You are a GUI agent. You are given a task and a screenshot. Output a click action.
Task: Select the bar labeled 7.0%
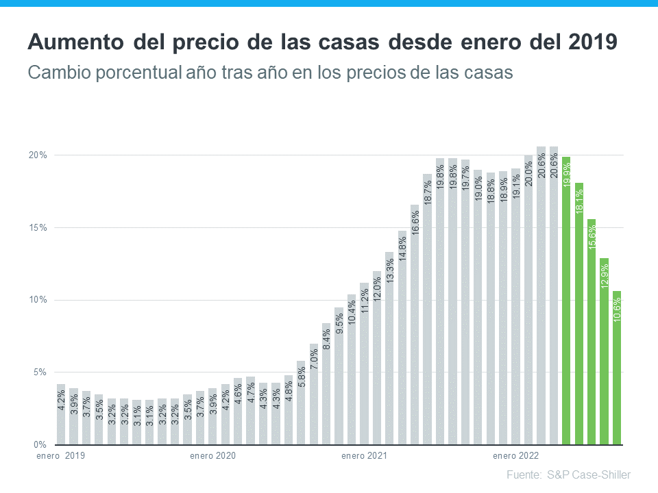tap(314, 394)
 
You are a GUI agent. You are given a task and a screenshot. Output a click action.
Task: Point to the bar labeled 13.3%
tap(389, 349)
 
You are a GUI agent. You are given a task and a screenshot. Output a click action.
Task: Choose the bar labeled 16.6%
tap(415, 325)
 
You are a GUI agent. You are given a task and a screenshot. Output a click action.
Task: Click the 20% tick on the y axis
tap(37, 155)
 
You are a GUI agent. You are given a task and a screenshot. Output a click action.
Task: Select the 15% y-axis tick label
tap(37, 227)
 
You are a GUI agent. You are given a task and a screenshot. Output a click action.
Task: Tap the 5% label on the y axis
tap(39, 372)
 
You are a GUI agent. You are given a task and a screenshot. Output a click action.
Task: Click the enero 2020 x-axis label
tap(212, 455)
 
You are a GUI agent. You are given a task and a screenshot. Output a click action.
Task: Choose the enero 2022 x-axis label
tap(515, 455)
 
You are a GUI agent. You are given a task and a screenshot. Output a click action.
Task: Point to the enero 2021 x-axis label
tap(364, 455)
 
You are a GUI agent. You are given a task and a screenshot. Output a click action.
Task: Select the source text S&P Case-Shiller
tap(589, 475)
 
